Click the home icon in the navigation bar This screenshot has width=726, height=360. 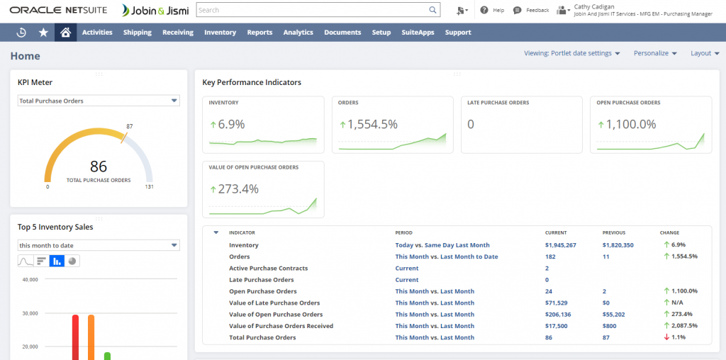click(65, 33)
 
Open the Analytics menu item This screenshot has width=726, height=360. click(298, 33)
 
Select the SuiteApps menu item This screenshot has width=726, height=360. click(418, 33)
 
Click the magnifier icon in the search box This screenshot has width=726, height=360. click(432, 11)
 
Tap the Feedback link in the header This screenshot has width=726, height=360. click(537, 11)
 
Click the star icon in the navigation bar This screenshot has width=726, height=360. click(43, 33)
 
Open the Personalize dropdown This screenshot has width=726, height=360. click(655, 53)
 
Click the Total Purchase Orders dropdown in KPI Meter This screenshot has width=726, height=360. click(99, 101)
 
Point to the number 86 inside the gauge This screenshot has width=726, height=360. click(99, 167)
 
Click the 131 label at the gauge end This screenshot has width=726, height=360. click(149, 187)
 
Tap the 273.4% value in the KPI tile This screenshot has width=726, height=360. click(238, 189)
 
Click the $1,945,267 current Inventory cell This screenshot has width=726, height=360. click(560, 245)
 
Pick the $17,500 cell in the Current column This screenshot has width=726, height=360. click(556, 326)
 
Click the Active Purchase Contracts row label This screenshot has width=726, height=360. click(268, 269)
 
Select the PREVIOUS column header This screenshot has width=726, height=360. click(613, 232)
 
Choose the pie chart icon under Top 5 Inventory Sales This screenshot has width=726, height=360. click(72, 261)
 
